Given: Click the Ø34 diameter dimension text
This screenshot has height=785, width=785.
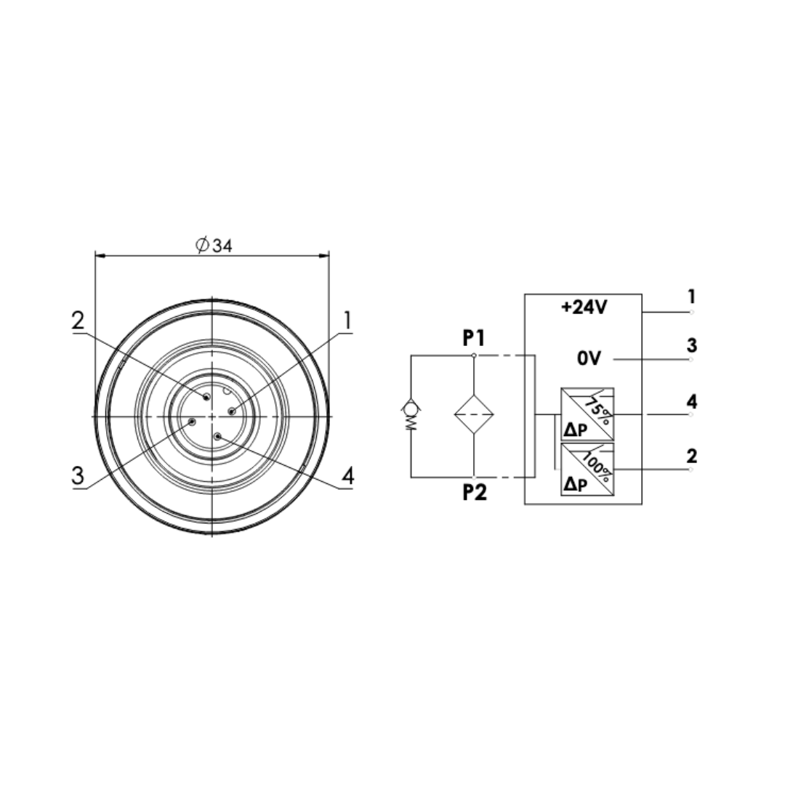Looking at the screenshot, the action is tap(214, 246).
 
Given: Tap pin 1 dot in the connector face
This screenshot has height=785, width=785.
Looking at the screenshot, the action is tap(231, 411).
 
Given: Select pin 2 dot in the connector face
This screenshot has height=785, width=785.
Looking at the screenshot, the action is tap(206, 397).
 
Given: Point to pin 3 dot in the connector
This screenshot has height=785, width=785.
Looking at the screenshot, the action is tap(192, 422).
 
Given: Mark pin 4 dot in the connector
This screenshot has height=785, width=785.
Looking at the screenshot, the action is tap(217, 437).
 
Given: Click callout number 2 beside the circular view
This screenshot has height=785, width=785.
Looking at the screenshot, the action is tap(78, 321).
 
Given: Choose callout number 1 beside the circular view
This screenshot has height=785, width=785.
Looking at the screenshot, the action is tap(347, 321).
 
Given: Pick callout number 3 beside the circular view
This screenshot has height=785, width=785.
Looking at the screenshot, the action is tap(78, 475).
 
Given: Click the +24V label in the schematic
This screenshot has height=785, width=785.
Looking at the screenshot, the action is tap(584, 307).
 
